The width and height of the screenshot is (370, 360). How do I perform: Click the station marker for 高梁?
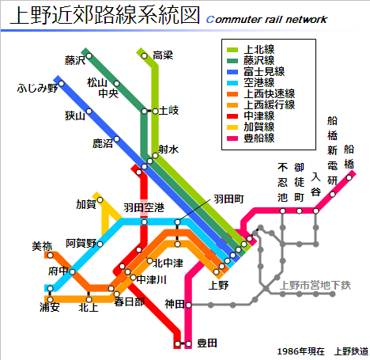pos(145,56)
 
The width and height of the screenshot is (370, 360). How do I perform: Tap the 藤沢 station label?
pos(75,60)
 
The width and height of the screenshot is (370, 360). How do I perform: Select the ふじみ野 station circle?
pos(62,84)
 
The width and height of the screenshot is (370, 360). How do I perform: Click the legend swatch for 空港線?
pos(232,83)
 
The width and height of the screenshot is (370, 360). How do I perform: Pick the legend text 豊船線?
pos(259,138)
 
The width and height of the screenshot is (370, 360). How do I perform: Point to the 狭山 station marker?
pos(89,112)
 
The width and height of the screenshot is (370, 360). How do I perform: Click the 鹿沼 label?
pos(103,143)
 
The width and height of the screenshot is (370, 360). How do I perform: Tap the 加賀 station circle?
pos(100,200)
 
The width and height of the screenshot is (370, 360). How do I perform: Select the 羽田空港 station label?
pos(144,207)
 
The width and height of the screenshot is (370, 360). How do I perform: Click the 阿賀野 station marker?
pos(100,244)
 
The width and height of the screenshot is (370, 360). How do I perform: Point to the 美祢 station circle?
pos(51,256)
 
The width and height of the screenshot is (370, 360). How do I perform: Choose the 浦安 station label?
pos(50,307)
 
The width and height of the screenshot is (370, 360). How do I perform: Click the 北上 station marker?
pos(89,300)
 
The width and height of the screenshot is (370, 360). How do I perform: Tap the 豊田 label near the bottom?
pos(207,343)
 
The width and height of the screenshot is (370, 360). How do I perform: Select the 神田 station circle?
pos(188,305)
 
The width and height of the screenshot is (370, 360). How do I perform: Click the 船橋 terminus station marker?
pos(349,178)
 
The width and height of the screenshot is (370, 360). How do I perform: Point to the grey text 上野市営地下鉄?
pos(315,285)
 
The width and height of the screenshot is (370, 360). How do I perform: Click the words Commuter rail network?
pos(266,19)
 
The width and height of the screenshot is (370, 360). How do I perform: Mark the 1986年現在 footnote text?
pos(301,351)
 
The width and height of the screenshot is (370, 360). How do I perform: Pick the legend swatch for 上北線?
pos(232,50)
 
